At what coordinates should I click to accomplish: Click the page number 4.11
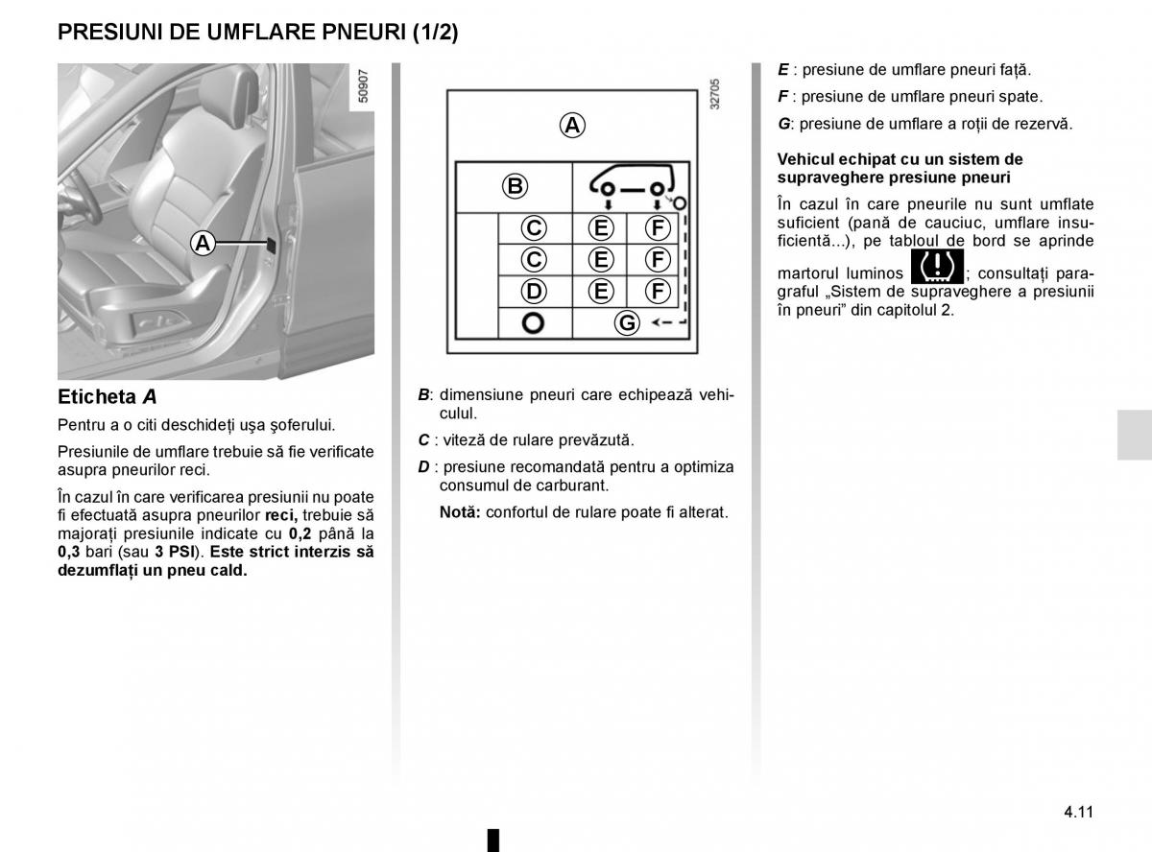tap(1078, 811)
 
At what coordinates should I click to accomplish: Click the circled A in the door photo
tap(202, 244)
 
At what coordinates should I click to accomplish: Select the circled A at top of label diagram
tap(571, 125)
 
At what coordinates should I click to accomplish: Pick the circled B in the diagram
tap(515, 186)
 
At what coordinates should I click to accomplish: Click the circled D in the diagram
tap(534, 291)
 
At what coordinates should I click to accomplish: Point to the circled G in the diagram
tap(626, 322)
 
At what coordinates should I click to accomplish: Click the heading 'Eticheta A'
tap(107, 396)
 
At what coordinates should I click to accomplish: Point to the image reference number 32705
tap(713, 96)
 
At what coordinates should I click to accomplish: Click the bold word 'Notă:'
tap(460, 512)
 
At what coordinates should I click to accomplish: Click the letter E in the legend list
tap(782, 70)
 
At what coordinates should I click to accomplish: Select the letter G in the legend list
tap(783, 124)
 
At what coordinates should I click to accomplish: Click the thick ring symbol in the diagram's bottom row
tap(533, 323)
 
